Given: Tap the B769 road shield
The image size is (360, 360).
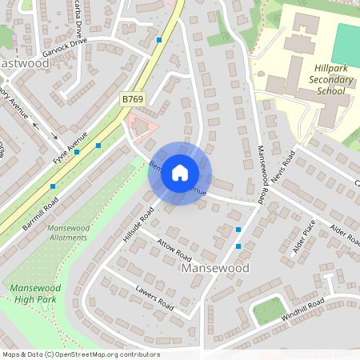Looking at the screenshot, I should pyautogui.click(x=133, y=98).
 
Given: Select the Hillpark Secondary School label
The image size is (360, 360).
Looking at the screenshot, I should pyautogui.click(x=327, y=80).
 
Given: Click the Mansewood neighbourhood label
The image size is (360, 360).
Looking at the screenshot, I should pyautogui.click(x=216, y=268).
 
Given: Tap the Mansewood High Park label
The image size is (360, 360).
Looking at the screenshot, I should pyautogui.click(x=35, y=292).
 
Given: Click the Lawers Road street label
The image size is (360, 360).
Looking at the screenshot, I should pyautogui.click(x=154, y=298).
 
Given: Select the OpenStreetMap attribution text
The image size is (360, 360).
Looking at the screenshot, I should pyautogui.click(x=80, y=354).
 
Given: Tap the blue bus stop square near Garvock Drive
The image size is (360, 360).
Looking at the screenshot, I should pyautogui.click(x=159, y=39).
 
